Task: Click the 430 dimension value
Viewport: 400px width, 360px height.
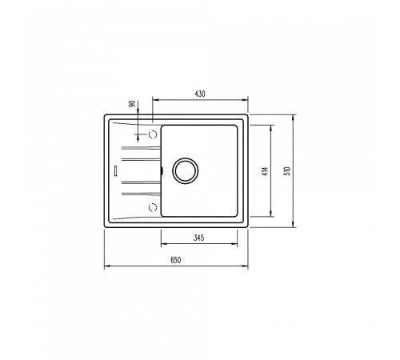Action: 200,94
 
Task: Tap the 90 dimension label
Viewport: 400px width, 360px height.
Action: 131,104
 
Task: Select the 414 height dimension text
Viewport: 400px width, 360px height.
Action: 265,171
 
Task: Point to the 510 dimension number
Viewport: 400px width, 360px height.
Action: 287,171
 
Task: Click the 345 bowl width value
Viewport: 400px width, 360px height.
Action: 199,238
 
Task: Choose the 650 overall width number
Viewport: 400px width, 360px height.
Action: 176,260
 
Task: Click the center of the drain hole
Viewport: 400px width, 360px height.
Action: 186,171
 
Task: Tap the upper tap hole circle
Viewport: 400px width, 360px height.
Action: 153,134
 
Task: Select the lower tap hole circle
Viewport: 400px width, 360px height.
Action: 153,207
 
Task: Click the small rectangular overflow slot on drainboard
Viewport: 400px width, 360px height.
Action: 115,171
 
